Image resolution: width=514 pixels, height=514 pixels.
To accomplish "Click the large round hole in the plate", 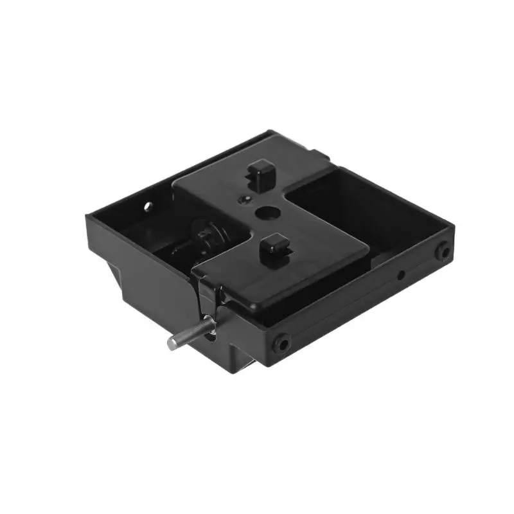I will (265, 212).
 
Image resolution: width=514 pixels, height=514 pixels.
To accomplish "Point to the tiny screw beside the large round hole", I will (242, 200).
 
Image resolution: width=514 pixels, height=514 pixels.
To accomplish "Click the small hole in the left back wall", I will (147, 207).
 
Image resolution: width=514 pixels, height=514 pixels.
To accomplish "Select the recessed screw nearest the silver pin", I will (281, 344).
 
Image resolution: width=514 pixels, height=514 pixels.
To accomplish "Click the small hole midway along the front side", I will (401, 275).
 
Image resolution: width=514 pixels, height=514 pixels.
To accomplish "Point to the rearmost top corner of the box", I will (273, 132).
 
